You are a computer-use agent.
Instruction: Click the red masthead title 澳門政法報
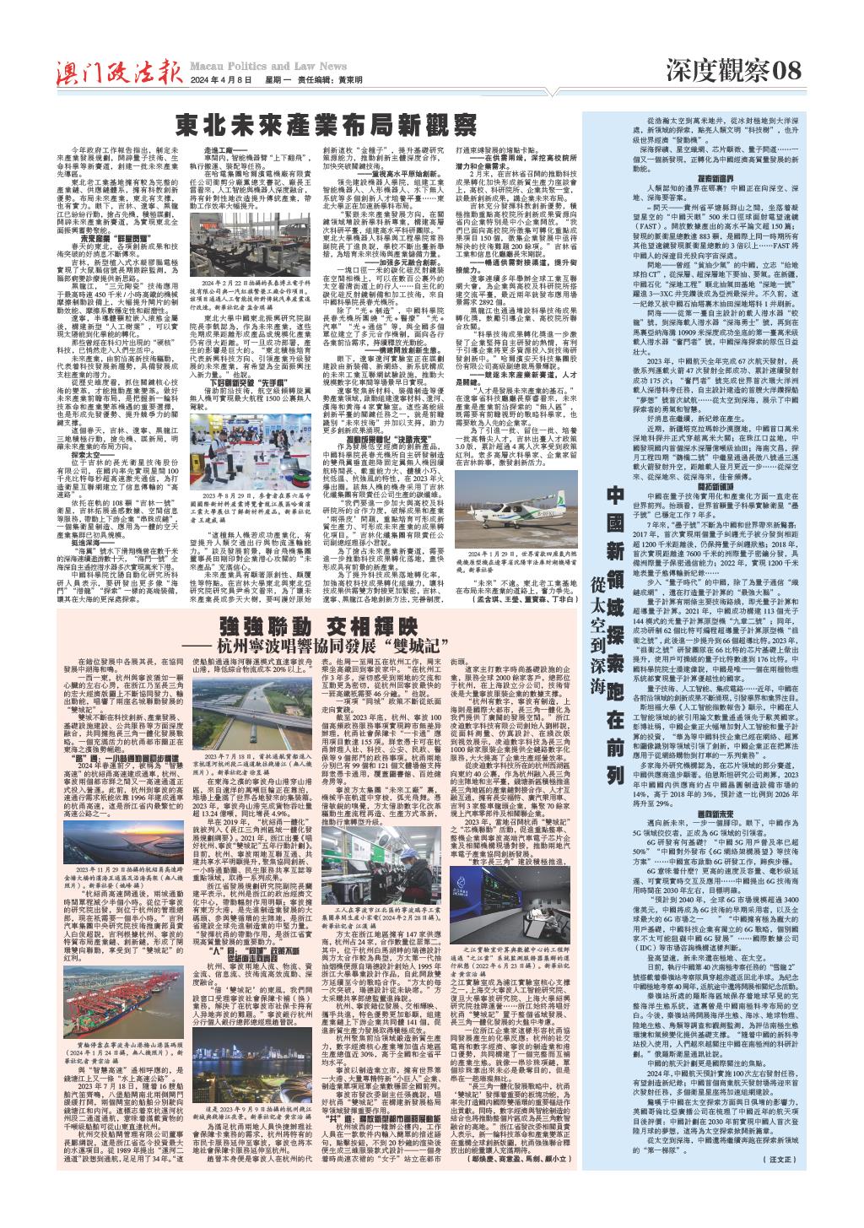coord(114,72)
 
